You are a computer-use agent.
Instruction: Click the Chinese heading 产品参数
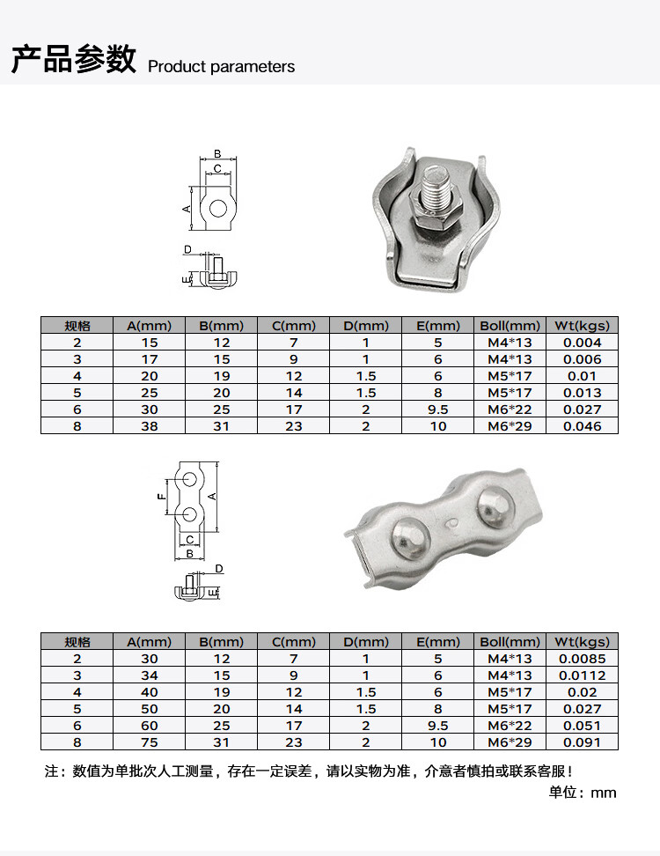click(x=74, y=59)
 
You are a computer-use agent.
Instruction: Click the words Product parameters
click(x=221, y=67)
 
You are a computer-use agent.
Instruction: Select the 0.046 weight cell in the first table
click(x=582, y=426)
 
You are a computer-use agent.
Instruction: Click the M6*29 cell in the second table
click(x=510, y=742)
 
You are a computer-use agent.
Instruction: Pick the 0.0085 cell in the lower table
click(x=582, y=659)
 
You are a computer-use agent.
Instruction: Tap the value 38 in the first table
click(x=150, y=426)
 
